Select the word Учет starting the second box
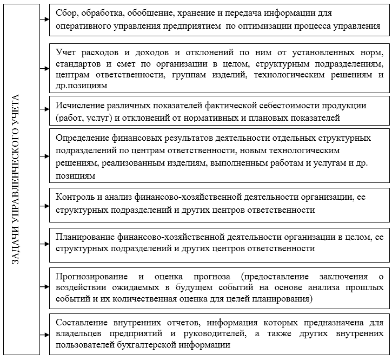point(65,53)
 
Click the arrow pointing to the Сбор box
point(44,19)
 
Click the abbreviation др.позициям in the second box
point(81,85)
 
